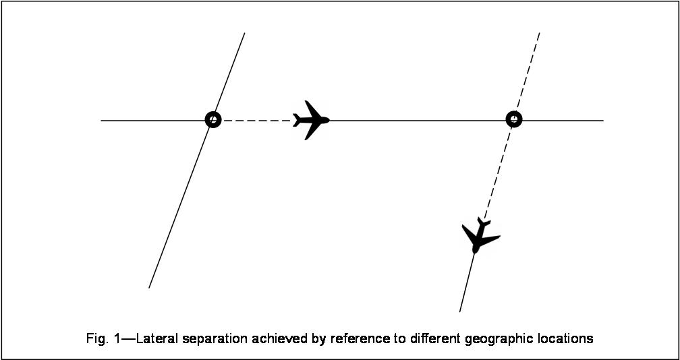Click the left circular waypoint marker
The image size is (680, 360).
(x=213, y=120)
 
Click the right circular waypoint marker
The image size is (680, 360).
(x=514, y=120)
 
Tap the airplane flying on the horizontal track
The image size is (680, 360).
(x=310, y=120)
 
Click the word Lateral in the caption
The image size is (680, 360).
(x=159, y=338)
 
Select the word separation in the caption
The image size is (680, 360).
(x=217, y=338)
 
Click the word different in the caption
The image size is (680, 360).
(x=431, y=338)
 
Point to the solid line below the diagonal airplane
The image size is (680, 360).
(x=467, y=283)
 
